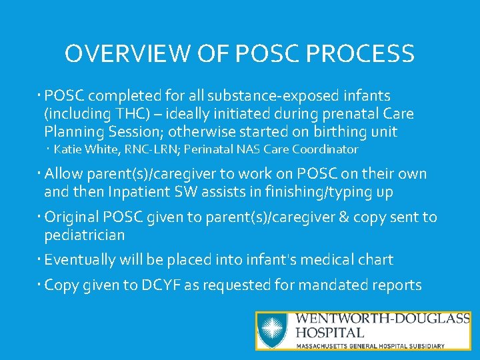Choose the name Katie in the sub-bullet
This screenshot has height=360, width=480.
point(67,149)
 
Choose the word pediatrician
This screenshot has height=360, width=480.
point(84,235)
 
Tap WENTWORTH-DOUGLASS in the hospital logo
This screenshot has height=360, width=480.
point(383,319)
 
